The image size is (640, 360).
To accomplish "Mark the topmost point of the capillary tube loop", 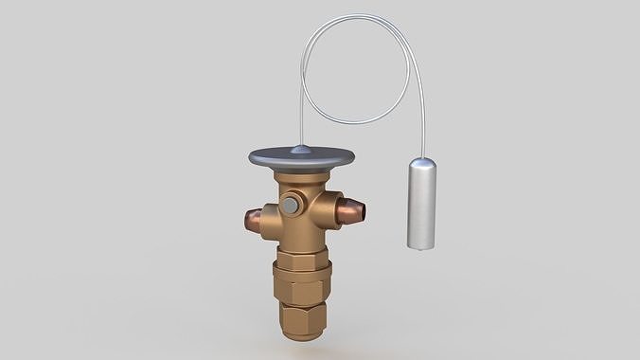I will point(360,15).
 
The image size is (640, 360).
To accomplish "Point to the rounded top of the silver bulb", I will point(421,162).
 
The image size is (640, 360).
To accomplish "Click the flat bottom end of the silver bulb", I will point(420,247).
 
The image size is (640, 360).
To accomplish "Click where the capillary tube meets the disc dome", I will point(300,145).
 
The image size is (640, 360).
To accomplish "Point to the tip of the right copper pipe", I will point(362,211).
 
